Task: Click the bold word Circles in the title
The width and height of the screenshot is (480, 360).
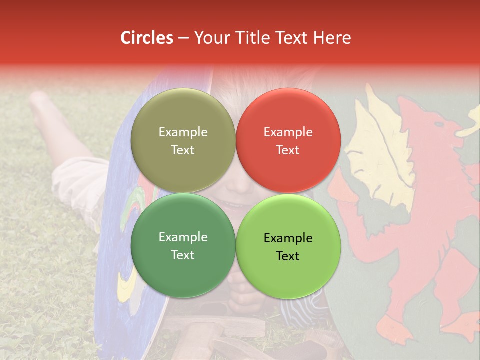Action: [x=146, y=38]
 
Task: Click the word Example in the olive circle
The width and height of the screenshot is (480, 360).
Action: [x=183, y=132]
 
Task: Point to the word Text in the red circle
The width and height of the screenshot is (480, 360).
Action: [x=288, y=150]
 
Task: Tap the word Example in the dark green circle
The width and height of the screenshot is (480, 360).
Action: [x=183, y=237]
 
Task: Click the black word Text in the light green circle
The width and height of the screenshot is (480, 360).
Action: [x=288, y=256]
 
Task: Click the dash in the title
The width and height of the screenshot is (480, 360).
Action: [x=183, y=38]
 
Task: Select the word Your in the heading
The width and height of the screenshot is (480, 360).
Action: [x=211, y=38]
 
